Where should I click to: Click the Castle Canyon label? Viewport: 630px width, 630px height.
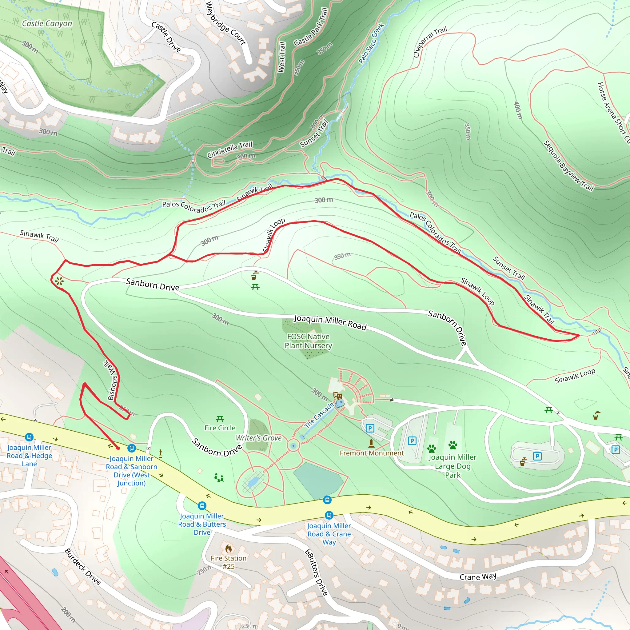pyautogui.click(x=47, y=23)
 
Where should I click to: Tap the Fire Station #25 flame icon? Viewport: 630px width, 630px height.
pyautogui.click(x=229, y=548)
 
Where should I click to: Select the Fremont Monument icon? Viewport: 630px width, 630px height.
pyautogui.click(x=371, y=443)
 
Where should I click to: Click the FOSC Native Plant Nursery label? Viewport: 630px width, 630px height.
pyautogui.click(x=308, y=341)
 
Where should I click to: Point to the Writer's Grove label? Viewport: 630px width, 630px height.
pyautogui.click(x=259, y=438)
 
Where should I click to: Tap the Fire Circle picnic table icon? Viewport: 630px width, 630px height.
pyautogui.click(x=220, y=419)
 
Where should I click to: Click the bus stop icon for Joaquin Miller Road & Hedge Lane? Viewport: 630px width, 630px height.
pyautogui.click(x=29, y=437)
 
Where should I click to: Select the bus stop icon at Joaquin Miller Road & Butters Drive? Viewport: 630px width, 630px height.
pyautogui.click(x=202, y=506)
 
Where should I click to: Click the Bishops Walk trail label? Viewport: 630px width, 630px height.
pyautogui.click(x=112, y=380)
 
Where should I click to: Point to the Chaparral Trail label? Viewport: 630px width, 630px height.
pyautogui.click(x=429, y=42)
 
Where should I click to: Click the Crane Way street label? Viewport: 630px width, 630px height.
pyautogui.click(x=478, y=576)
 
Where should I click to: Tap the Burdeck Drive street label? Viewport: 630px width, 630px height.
pyautogui.click(x=82, y=566)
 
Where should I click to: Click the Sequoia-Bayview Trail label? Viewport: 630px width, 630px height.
pyautogui.click(x=568, y=166)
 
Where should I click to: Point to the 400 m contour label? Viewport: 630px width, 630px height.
pyautogui.click(x=518, y=110)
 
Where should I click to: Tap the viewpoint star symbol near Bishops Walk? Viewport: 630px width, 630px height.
pyautogui.click(x=59, y=281)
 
